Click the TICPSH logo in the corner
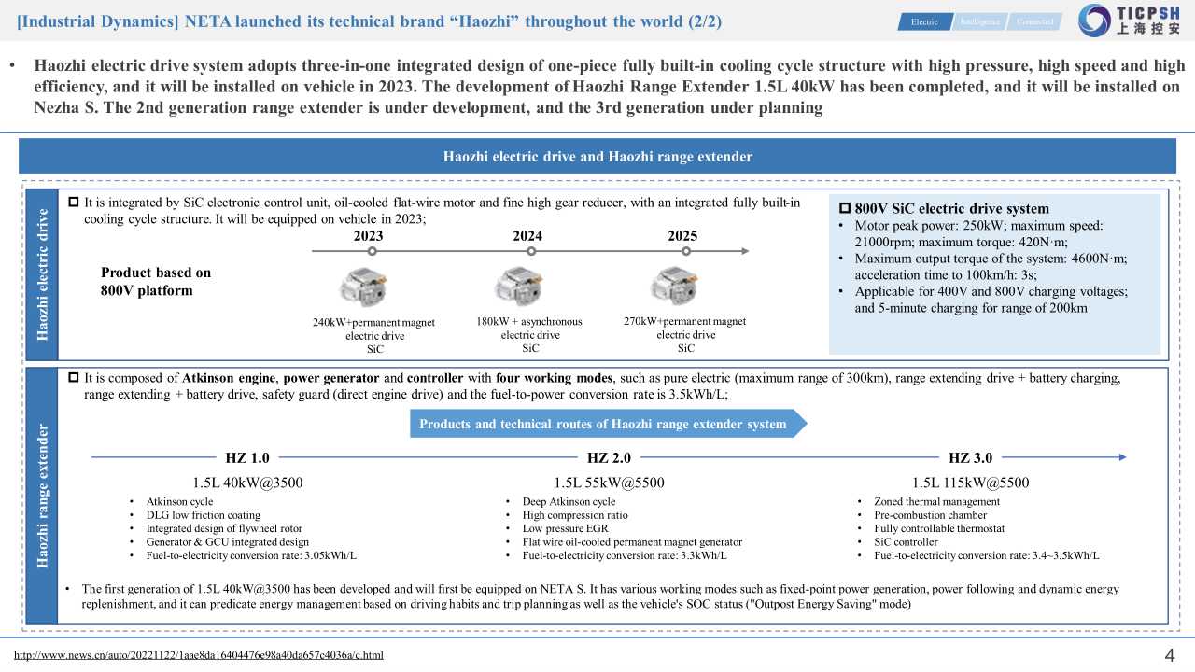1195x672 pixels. click(1130, 21)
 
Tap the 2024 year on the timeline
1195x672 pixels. click(527, 236)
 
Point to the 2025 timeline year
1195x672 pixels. click(682, 236)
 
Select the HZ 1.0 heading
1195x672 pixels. click(247, 457)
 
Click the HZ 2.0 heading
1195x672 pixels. click(610, 457)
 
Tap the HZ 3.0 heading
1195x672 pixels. click(971, 457)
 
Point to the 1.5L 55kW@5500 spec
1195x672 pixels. click(610, 483)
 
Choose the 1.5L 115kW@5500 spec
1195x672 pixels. click(971, 483)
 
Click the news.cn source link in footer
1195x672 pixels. click(199, 655)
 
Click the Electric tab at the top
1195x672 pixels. click(924, 21)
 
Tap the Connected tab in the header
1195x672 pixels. click(1034, 21)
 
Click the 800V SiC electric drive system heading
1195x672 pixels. click(945, 209)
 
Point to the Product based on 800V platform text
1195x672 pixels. click(156, 281)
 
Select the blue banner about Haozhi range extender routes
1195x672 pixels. click(605, 424)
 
